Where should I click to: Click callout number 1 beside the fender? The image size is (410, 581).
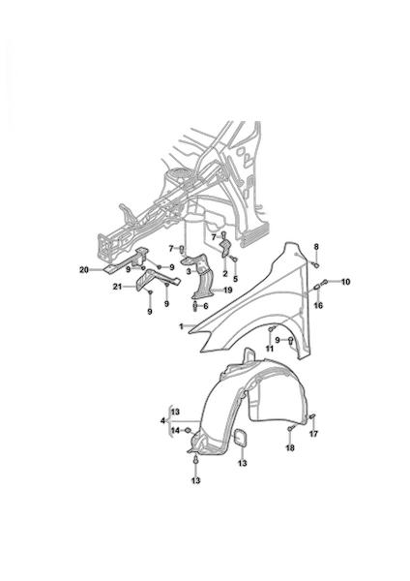tap(182, 327)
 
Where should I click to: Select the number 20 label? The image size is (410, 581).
tap(84, 270)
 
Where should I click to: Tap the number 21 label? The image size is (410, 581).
tap(117, 287)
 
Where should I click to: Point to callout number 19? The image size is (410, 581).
tap(228, 290)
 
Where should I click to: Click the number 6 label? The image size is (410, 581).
tap(206, 306)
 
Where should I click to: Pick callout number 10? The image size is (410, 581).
tap(345, 282)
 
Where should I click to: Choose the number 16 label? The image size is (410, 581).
tap(318, 305)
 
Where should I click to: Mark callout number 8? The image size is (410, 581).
tap(316, 247)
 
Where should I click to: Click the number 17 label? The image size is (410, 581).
tap(314, 434)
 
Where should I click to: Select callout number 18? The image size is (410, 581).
tap(290, 448)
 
